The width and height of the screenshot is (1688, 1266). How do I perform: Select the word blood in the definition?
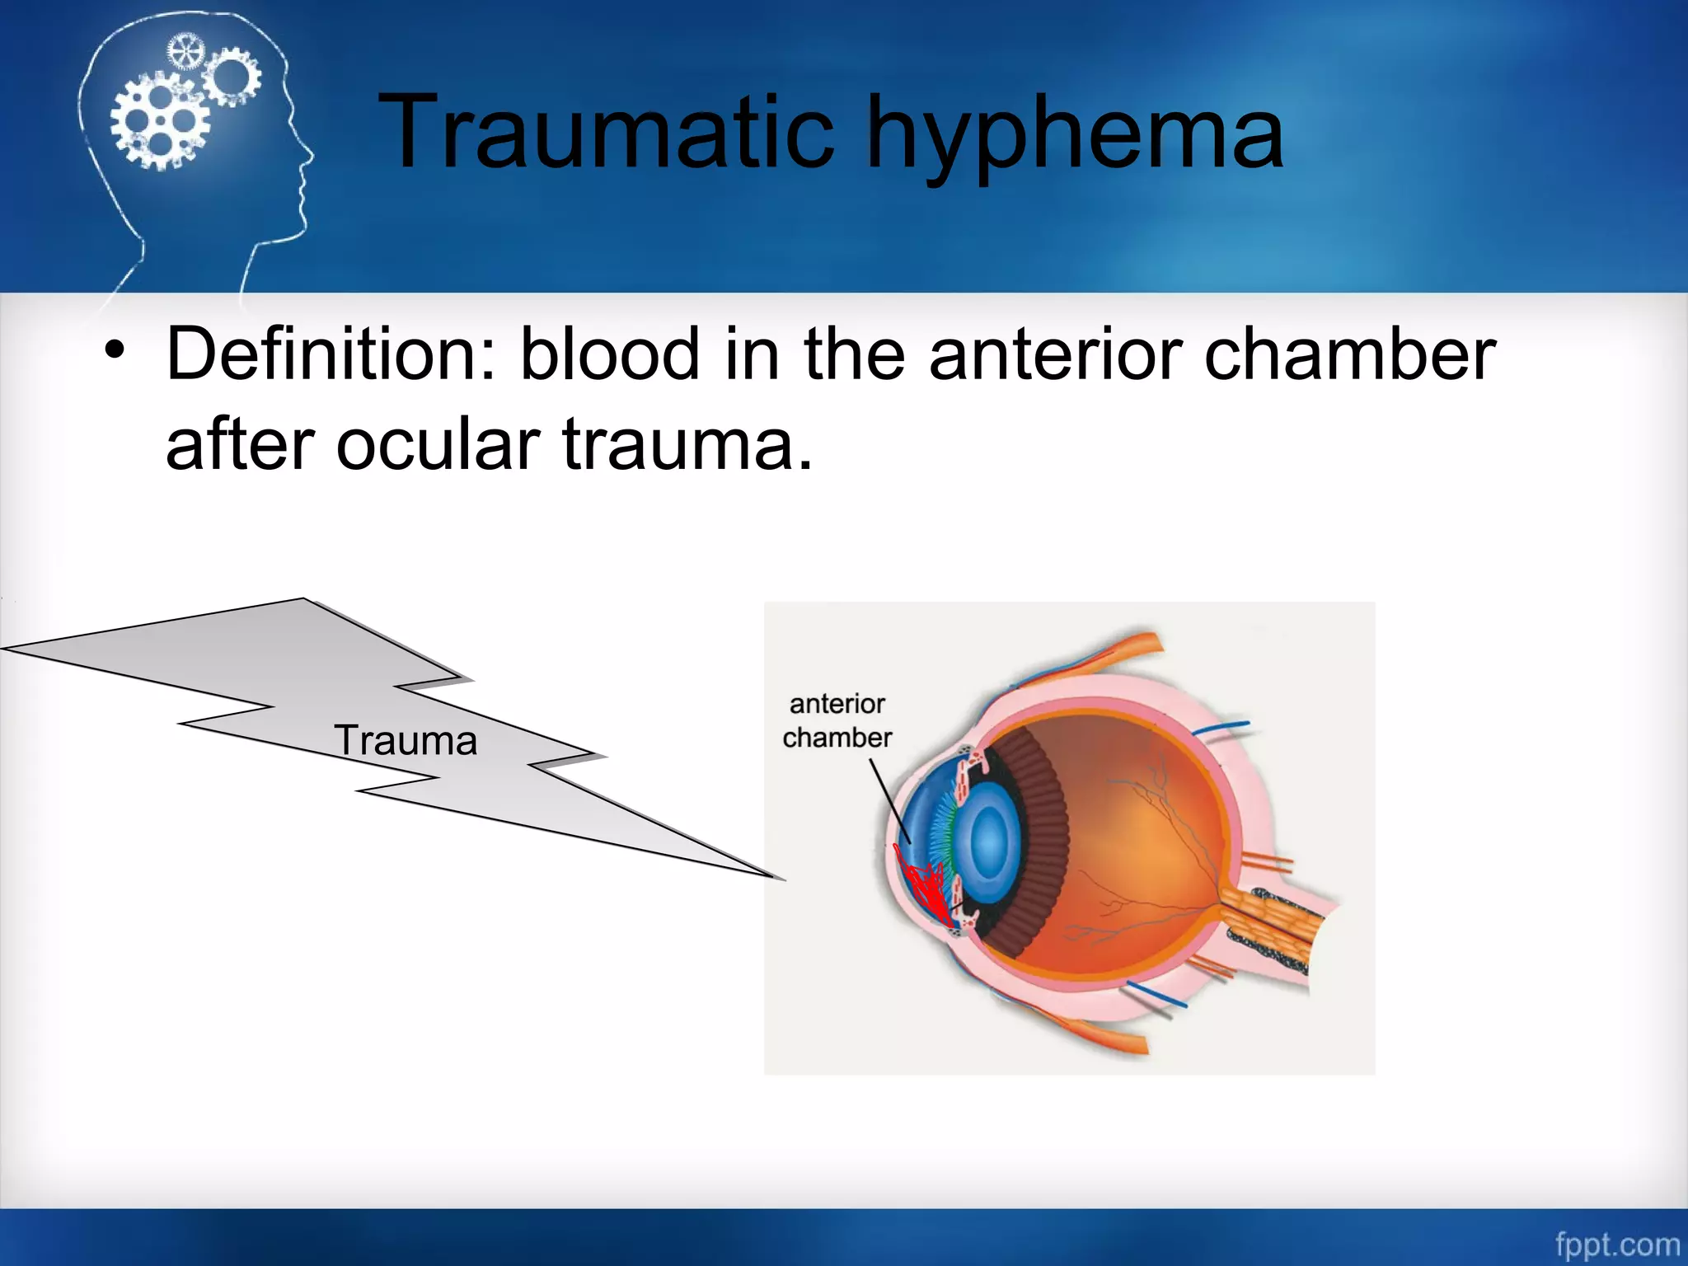pyautogui.click(x=610, y=354)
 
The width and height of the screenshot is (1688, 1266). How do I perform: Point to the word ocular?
pyautogui.click(x=437, y=445)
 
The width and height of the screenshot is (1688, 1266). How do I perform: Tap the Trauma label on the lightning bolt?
pyautogui.click(x=406, y=740)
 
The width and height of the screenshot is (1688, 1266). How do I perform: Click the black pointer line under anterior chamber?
pyautogui.click(x=890, y=799)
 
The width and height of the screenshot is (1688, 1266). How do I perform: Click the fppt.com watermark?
pyautogui.click(x=1616, y=1244)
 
